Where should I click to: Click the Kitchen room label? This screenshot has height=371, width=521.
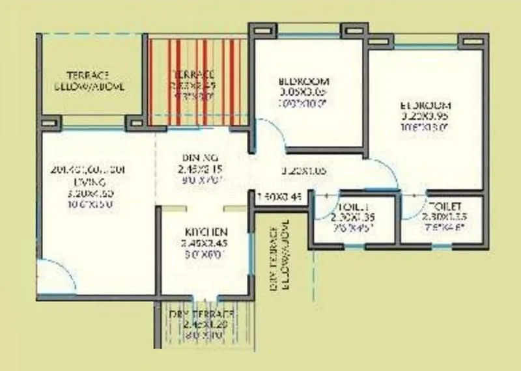(205, 232)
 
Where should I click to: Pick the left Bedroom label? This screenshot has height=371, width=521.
(303, 82)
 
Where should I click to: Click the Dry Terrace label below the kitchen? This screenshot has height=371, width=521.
(202, 314)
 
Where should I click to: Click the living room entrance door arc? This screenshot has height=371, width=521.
(49, 273)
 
